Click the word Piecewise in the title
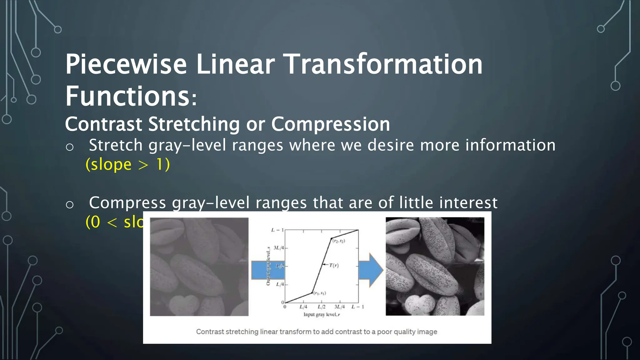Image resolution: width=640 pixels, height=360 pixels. pyautogui.click(x=126, y=64)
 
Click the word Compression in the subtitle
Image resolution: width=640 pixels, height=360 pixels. pyautogui.click(x=330, y=124)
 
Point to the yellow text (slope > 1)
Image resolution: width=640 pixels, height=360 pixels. pyautogui.click(x=127, y=164)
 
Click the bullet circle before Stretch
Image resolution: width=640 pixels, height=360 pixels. pyautogui.click(x=70, y=147)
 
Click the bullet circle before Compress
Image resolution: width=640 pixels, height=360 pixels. pyautogui.click(x=70, y=205)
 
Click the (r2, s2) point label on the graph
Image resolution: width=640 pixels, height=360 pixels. pyautogui.click(x=338, y=241)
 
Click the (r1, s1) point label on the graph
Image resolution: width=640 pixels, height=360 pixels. pyautogui.click(x=320, y=293)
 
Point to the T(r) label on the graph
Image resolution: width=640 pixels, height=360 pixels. pyautogui.click(x=334, y=265)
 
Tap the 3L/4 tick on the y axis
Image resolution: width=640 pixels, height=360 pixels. pyautogui.click(x=278, y=248)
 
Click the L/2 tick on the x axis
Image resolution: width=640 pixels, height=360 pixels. pyautogui.click(x=321, y=307)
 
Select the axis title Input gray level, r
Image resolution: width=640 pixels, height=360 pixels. pyautogui.click(x=321, y=315)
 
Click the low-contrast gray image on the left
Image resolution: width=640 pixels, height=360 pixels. pyautogui.click(x=199, y=267)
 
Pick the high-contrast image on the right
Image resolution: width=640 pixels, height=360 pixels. pyautogui.click(x=435, y=267)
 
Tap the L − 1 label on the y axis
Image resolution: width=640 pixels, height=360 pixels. pyautogui.click(x=277, y=230)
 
